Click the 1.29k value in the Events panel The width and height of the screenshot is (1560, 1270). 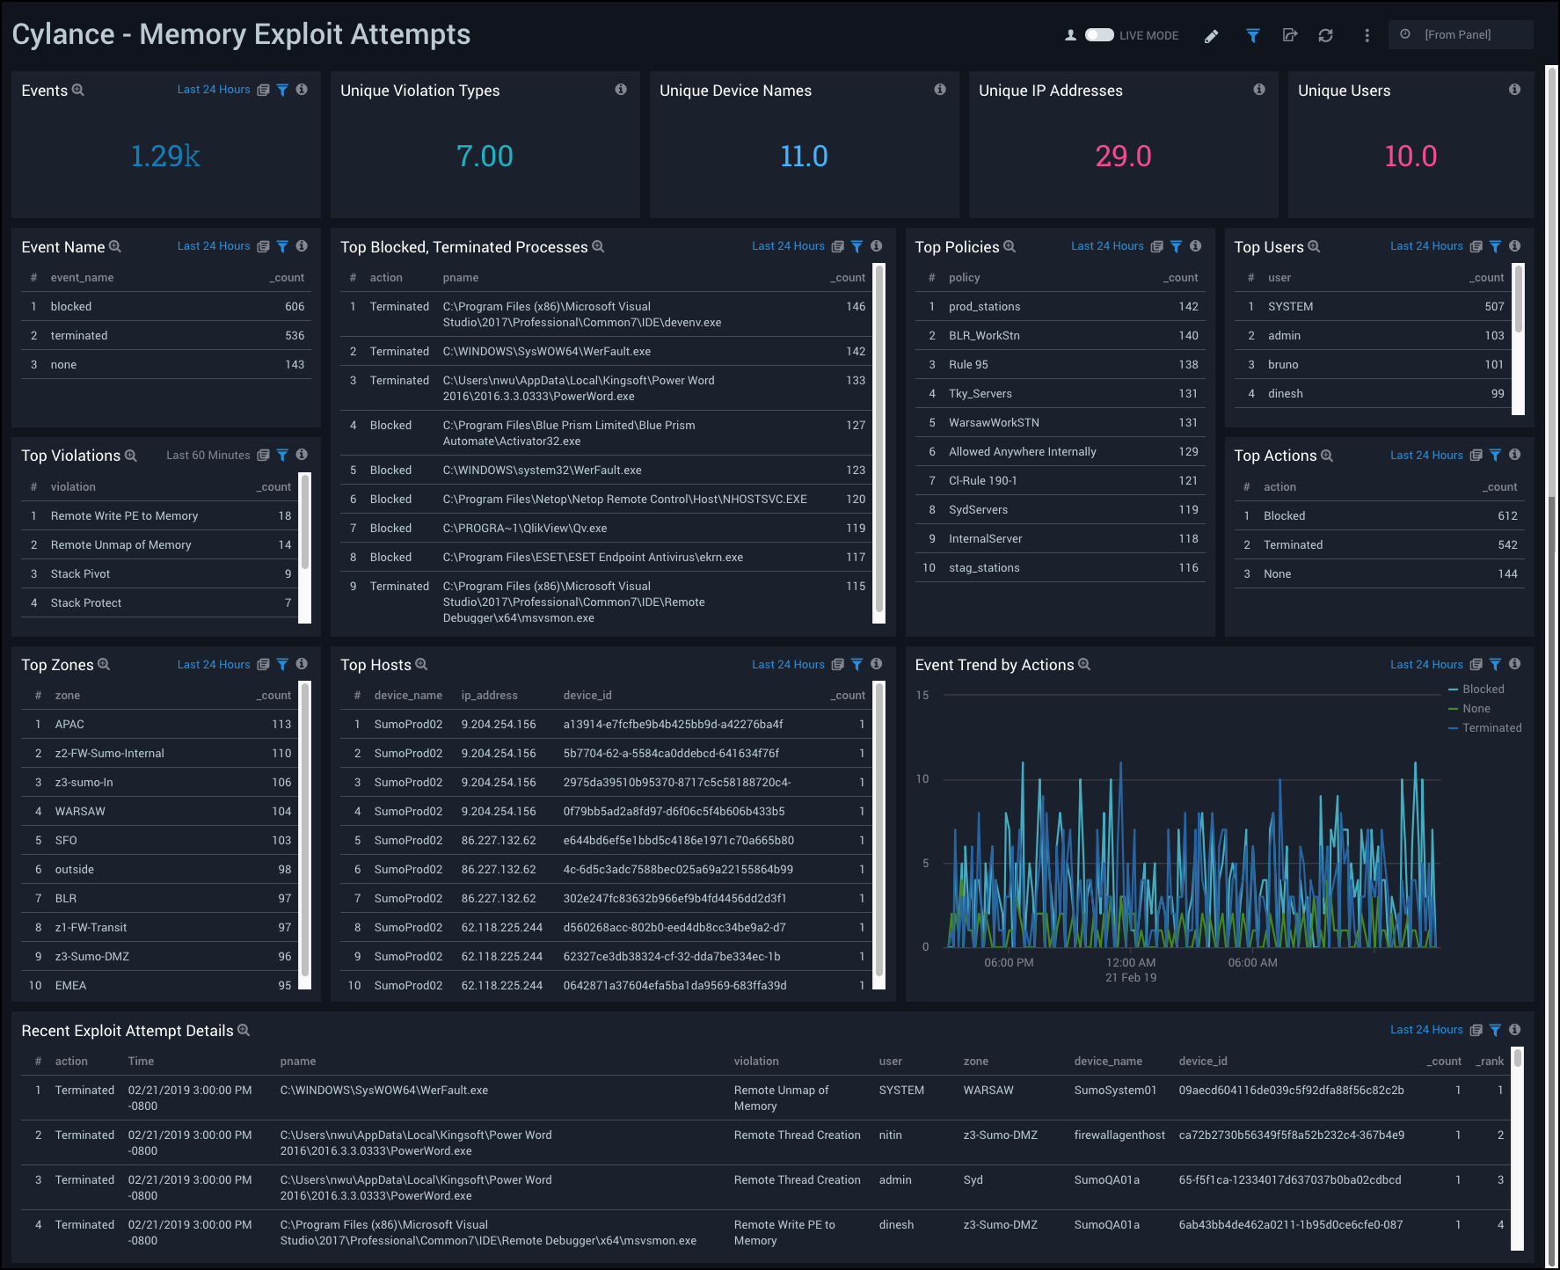pos(165,157)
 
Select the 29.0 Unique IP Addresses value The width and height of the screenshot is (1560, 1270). pos(1123,157)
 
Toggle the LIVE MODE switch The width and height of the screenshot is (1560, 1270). pos(1098,35)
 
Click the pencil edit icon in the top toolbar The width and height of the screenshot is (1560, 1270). pos(1212,36)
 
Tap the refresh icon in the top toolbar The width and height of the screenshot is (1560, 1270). pos(1325,36)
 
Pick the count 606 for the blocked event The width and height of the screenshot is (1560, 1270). pos(295,307)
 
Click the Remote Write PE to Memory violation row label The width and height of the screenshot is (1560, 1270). pos(124,516)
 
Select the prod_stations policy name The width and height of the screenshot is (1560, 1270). pos(984,307)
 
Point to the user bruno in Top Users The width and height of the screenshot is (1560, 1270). pos(1282,365)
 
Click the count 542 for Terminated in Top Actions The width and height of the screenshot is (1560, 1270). pos(1507,545)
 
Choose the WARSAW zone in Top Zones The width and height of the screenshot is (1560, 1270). pos(80,812)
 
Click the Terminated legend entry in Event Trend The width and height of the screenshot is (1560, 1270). pos(1491,728)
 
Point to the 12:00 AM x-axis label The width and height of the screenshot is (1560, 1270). pos(1131,963)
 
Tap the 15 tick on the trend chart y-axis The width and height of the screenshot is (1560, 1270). pos(922,696)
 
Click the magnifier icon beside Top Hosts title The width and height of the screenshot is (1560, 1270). pos(421,665)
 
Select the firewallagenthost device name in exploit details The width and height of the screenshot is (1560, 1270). pos(1119,1135)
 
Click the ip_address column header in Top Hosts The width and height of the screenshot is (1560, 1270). pos(489,696)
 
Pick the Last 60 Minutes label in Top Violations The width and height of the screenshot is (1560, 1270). pos(208,456)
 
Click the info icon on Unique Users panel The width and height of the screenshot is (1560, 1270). pos(1514,90)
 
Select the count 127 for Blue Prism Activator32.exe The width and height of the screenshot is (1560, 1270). pos(856,426)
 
